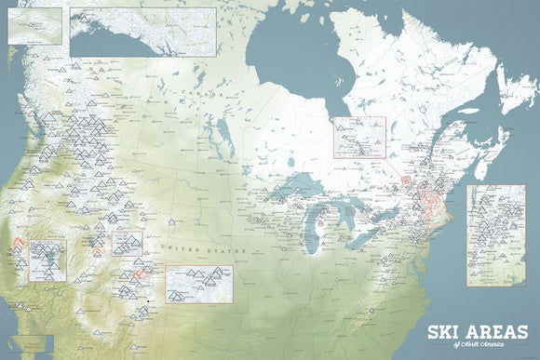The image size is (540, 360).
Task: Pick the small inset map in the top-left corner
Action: tap(34, 25)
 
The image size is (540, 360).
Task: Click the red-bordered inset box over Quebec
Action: tap(359, 138)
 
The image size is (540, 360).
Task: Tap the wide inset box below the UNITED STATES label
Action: tap(198, 284)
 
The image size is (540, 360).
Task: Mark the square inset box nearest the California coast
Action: tap(47, 260)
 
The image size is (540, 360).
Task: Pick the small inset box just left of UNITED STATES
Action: tap(127, 244)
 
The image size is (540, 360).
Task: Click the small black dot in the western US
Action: tap(150, 300)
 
